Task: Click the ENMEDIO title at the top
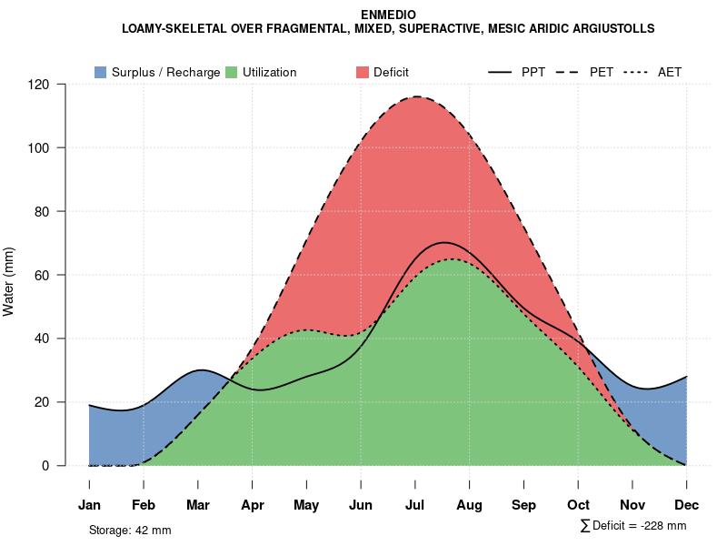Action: pyautogui.click(x=388, y=15)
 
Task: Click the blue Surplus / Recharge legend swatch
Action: pyautogui.click(x=100, y=73)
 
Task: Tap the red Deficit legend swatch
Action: pyautogui.click(x=363, y=73)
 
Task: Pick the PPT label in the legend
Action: pyautogui.click(x=533, y=73)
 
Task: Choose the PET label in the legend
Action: pyautogui.click(x=602, y=73)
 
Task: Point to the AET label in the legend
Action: pyautogui.click(x=670, y=73)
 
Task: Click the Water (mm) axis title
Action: pyautogui.click(x=9, y=281)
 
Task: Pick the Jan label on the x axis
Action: pyautogui.click(x=89, y=505)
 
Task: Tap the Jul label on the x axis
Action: pyautogui.click(x=415, y=505)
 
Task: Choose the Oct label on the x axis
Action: pyautogui.click(x=578, y=505)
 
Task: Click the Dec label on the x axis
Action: pyautogui.click(x=686, y=505)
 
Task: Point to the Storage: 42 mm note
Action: pyautogui.click(x=130, y=530)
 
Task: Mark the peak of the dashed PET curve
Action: pyautogui.click(x=416, y=96)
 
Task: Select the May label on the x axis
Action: pyautogui.click(x=306, y=505)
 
